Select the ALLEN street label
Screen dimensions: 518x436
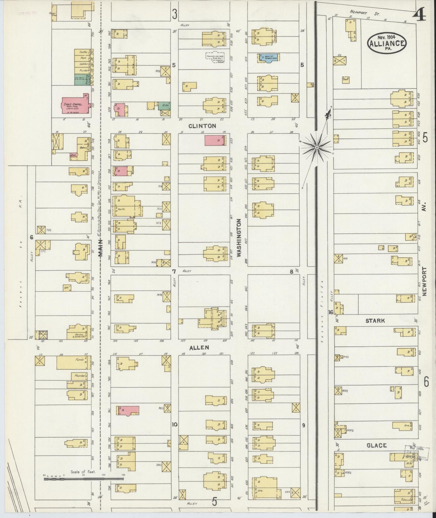[x=199, y=348]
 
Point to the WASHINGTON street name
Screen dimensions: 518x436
[x=239, y=238]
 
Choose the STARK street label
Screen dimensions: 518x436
[x=375, y=321]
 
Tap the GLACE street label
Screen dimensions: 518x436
[x=376, y=445]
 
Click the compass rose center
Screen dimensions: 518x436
[x=317, y=147]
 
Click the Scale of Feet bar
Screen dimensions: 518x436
[x=84, y=479]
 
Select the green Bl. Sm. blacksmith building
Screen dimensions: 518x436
[x=164, y=106]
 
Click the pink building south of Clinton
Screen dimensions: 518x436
[x=215, y=140]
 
